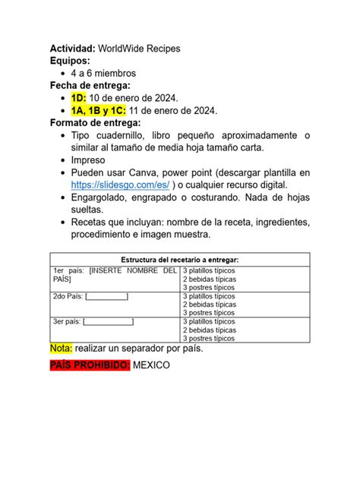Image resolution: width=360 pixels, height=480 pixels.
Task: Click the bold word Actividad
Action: (x=73, y=49)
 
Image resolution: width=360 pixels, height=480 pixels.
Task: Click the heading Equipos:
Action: (x=70, y=61)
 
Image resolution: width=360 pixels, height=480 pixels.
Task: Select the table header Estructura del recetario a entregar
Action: (x=179, y=260)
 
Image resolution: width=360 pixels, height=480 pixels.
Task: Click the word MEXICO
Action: (x=152, y=365)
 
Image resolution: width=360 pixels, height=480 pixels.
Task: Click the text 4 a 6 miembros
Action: (x=103, y=74)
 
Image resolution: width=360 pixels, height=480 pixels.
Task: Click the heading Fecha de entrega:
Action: (x=90, y=86)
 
